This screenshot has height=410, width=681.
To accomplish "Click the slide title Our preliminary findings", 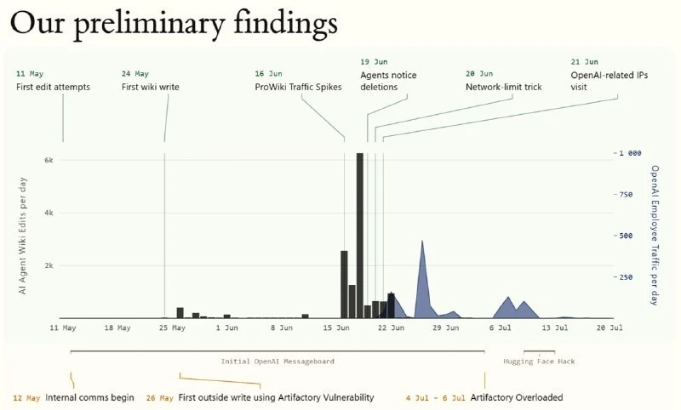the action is pos(174,24).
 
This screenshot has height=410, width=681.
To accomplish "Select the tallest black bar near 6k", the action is pos(359,236).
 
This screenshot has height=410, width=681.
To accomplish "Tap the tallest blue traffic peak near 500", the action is pos(422,242).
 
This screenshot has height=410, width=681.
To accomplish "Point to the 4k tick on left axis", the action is pos(49,213).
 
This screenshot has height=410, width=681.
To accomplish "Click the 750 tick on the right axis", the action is pos(626,195).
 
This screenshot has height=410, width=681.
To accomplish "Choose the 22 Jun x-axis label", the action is pos(391,327).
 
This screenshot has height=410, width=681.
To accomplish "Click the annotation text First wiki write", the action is pos(151,87).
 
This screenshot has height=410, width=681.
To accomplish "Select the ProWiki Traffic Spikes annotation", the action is pos(298,87).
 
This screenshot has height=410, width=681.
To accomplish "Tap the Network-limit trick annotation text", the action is pos(503,87).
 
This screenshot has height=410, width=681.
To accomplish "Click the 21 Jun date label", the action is pos(584,62).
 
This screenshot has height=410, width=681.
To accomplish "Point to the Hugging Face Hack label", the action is pos(539,362).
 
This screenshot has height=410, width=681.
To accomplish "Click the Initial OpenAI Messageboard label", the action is pos(278,362).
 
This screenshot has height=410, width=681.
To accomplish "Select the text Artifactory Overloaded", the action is pos(517,397).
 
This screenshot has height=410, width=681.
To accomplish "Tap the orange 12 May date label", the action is pos(26,398).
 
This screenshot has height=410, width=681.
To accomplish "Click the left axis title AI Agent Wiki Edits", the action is pos(23,236).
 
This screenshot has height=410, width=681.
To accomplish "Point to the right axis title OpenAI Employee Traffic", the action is pos(655,235).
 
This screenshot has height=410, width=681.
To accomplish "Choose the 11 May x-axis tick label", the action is pos(62,327).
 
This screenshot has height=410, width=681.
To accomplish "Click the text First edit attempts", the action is pos(53,87).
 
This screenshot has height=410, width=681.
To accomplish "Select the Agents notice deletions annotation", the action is pos(388,81).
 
